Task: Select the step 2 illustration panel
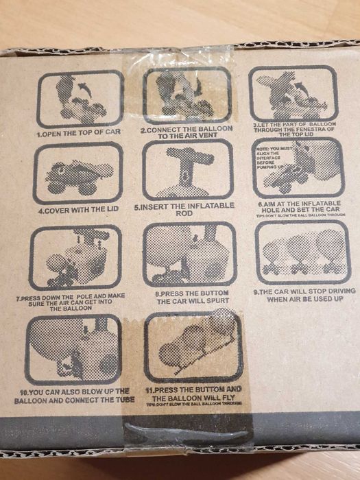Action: click(x=187, y=97)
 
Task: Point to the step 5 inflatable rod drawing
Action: click(x=186, y=171)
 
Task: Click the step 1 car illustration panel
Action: click(x=80, y=99)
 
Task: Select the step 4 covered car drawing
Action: click(x=77, y=173)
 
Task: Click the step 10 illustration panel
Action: click(x=73, y=349)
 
